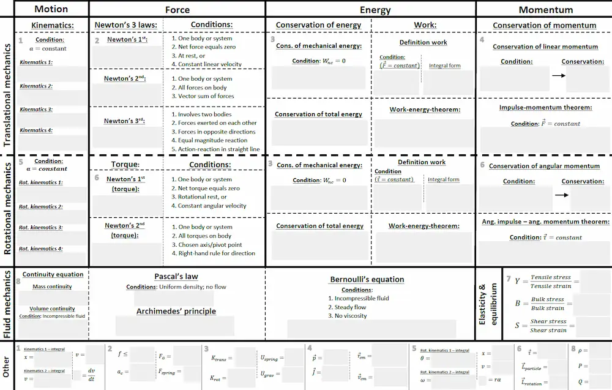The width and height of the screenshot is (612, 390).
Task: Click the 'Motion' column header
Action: [51, 9]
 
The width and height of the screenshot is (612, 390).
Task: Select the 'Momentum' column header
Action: [545, 9]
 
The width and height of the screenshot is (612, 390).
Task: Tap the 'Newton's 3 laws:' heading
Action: [125, 25]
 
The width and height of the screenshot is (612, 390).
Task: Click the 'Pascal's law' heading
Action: [176, 277]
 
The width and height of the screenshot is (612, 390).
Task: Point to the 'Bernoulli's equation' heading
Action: [367, 279]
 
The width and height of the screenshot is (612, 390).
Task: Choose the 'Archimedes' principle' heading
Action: [176, 311]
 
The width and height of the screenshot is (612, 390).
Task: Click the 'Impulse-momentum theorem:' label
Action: [545, 108]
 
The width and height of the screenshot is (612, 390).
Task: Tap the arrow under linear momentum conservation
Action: [558, 75]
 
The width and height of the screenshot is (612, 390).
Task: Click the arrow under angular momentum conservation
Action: [561, 195]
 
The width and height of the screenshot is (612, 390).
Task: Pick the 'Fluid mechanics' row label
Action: [8, 304]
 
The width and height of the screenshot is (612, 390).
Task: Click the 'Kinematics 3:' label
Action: [36, 110]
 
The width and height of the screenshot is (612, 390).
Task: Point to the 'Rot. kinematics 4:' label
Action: [40, 249]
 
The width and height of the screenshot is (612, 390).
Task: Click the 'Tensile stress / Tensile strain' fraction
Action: [550, 282]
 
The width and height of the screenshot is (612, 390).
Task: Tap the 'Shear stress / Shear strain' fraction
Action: [549, 326]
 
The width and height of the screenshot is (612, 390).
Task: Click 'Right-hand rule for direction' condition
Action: [217, 253]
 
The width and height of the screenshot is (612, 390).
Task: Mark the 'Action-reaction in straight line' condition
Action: [218, 149]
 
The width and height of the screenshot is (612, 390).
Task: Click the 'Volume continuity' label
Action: [52, 309]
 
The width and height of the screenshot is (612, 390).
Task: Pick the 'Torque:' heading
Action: [125, 165]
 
